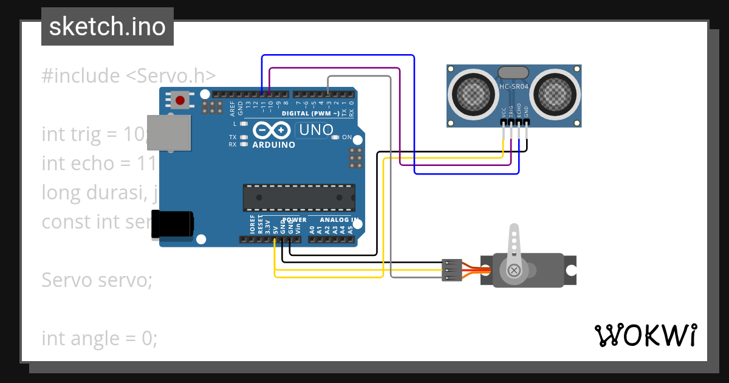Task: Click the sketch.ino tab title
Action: (x=107, y=27)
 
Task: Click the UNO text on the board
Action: (x=315, y=130)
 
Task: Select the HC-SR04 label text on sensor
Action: (x=514, y=86)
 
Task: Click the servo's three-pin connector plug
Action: (x=449, y=270)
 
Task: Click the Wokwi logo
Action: (x=645, y=335)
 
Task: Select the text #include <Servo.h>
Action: (x=129, y=76)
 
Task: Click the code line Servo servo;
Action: (x=97, y=280)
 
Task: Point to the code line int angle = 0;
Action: (x=100, y=338)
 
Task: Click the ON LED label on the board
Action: (x=347, y=137)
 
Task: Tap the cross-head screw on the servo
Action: (x=515, y=269)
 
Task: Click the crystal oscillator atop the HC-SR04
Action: (x=514, y=72)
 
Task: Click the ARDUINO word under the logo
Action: (x=273, y=145)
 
